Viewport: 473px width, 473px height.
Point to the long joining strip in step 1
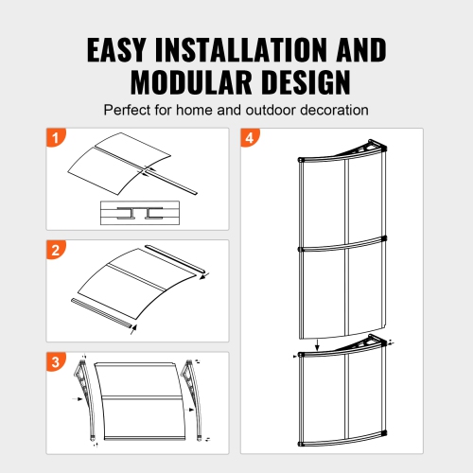171,181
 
